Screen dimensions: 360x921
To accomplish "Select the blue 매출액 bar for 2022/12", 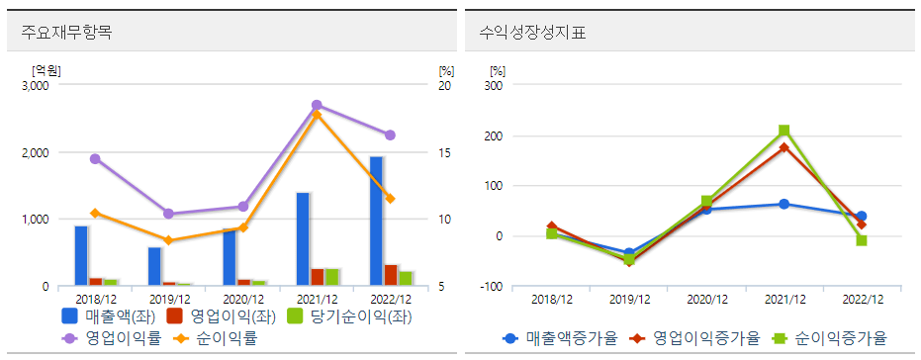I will tap(376, 221).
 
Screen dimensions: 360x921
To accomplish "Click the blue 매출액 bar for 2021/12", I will tap(303, 238).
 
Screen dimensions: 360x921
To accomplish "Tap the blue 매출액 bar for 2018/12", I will tap(81, 255).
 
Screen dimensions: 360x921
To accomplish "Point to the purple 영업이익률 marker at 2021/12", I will tap(317, 105).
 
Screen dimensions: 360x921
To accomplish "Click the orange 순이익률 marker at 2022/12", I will tap(391, 199).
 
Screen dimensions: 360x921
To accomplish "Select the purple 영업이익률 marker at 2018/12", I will tap(95, 158).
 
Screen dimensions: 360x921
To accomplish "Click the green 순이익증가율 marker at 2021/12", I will tap(783, 131).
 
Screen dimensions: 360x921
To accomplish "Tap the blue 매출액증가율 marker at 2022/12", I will tap(861, 216).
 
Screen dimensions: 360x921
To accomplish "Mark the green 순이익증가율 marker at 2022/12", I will tap(861, 240).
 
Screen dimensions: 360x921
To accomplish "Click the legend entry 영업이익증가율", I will tap(698, 338).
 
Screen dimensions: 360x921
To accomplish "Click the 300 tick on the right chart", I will tap(494, 86).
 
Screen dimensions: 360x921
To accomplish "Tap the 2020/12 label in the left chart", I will tap(243, 299).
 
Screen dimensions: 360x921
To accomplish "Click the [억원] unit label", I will tap(46, 69).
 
